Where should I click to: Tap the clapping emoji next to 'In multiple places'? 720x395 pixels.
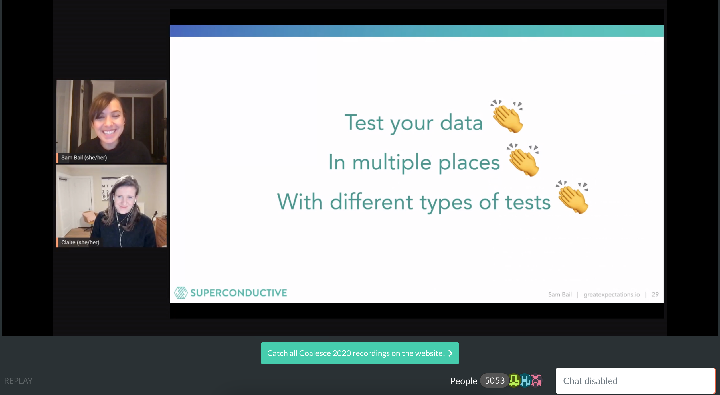point(523,160)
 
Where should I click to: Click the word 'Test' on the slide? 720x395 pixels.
point(364,123)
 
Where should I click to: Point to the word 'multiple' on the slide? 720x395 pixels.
point(391,162)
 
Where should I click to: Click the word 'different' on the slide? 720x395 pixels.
point(371,202)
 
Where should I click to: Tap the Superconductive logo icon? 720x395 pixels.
point(181,293)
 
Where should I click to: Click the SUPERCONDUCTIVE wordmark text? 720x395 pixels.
point(239,293)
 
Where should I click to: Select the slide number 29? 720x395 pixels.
point(655,294)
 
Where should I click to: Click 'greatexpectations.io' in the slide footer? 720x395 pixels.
point(612,295)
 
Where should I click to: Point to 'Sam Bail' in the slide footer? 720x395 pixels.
point(560,294)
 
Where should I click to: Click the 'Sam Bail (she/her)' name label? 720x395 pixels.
point(84,157)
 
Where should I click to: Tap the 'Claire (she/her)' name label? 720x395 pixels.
point(80,242)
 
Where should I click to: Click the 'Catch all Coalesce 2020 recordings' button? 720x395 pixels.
point(360,353)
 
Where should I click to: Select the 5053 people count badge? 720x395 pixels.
point(494,381)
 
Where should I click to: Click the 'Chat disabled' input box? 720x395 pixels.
point(635,381)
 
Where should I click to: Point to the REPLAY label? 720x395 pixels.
point(18,381)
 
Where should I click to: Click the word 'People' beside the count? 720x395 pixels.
point(464,381)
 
